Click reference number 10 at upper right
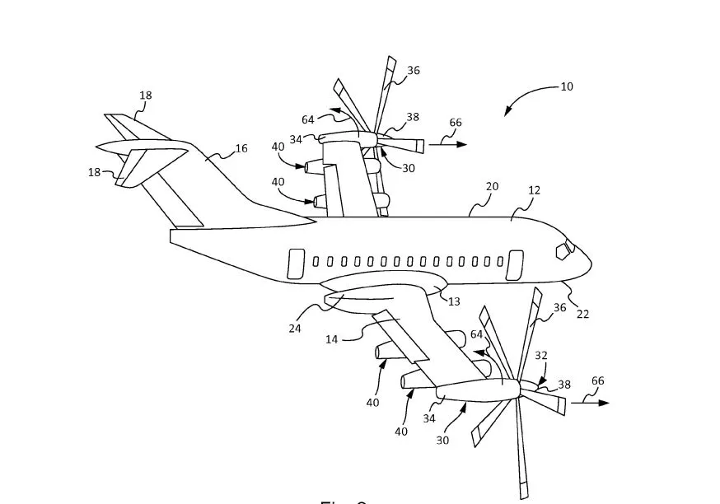point(567,86)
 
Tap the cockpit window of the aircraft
point(566,249)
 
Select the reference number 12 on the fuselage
point(534,191)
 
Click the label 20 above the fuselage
point(492,187)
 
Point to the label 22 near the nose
point(582,314)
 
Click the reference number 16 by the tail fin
point(241,149)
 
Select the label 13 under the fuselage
point(454,301)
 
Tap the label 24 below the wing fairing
point(294,328)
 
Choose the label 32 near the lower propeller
point(541,356)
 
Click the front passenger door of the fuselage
point(514,264)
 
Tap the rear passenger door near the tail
point(295,263)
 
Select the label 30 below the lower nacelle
point(442,440)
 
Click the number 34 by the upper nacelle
point(295,139)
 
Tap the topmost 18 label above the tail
point(145,96)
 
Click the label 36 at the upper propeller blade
point(413,71)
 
